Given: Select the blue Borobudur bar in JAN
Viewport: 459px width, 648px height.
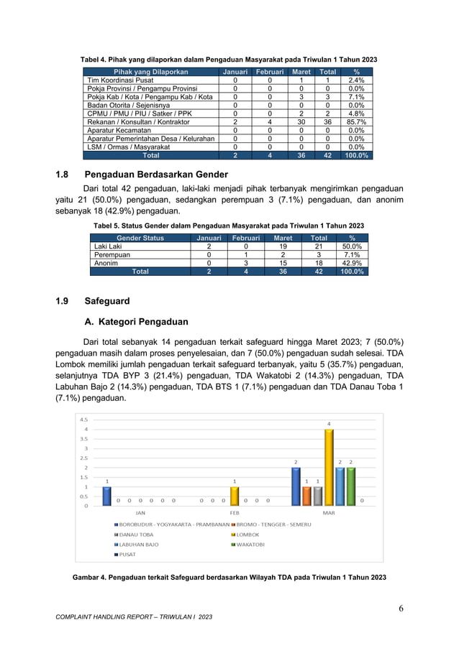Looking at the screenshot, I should [x=107, y=496].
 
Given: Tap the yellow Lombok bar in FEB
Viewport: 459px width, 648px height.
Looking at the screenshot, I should [x=234, y=496].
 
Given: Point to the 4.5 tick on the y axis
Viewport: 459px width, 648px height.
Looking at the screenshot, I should [x=83, y=420].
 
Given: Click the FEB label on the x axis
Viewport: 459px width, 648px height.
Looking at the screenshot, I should [x=235, y=513].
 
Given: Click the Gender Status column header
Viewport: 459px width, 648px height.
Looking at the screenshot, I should [x=140, y=238].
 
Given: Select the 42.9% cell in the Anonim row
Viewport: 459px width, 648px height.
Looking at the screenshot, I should [x=352, y=263].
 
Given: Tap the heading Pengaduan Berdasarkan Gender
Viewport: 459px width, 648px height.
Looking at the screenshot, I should [x=156, y=175].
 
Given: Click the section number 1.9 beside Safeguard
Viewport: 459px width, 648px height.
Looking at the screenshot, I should [x=63, y=301].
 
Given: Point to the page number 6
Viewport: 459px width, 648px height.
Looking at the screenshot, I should [x=401, y=609].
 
